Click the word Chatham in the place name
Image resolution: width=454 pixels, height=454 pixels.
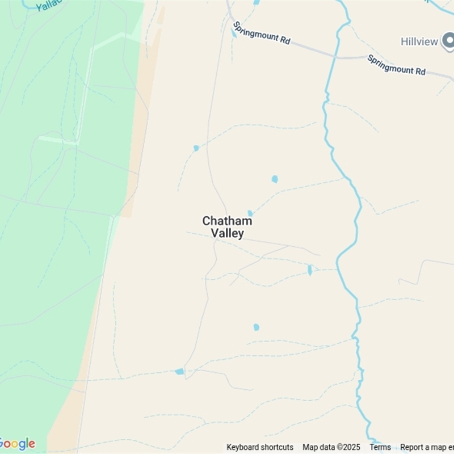[227, 221]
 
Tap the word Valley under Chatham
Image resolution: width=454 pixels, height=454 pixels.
[227, 233]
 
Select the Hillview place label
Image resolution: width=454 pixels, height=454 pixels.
[419, 41]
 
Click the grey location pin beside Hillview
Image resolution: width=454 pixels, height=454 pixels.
[448, 40]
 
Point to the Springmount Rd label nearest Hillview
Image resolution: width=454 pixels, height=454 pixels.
[396, 64]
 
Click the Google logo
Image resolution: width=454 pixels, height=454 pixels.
[17, 444]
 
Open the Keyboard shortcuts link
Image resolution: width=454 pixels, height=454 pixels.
[260, 447]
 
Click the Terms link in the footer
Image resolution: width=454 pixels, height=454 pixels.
[380, 447]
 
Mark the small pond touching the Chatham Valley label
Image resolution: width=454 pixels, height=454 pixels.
[250, 213]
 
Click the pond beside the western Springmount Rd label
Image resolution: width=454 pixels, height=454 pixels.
[234, 33]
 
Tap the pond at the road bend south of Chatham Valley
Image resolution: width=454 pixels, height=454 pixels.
[179, 371]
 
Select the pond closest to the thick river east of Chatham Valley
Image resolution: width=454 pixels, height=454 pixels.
[310, 270]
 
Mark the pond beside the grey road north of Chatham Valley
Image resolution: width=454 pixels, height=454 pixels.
[196, 148]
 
